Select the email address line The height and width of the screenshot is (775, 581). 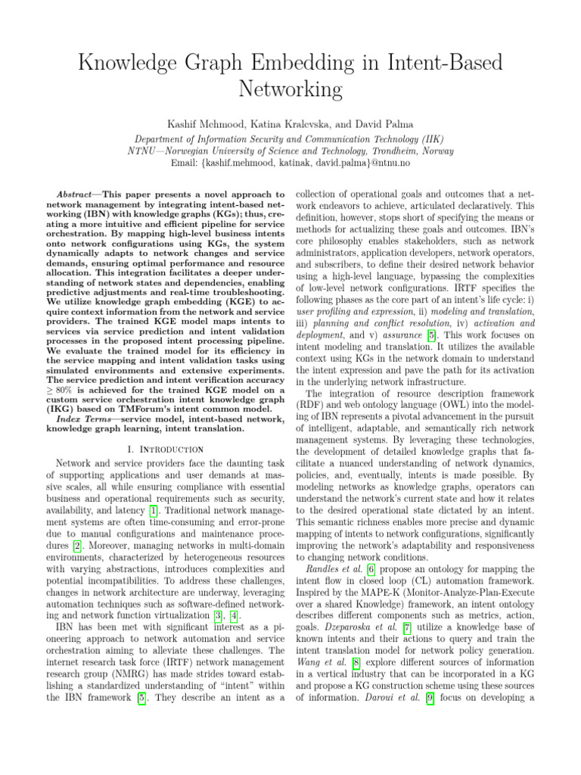coord(290,163)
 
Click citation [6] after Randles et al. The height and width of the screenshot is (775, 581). coord(359,568)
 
